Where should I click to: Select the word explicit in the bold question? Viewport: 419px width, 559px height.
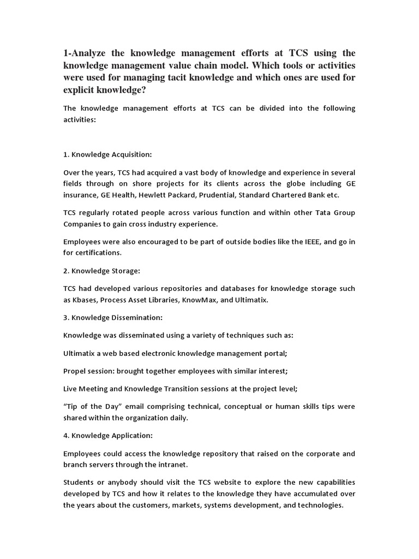coord(80,90)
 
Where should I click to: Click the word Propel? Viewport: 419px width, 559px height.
coord(75,371)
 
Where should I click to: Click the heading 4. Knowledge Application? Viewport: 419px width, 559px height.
coord(108,435)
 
